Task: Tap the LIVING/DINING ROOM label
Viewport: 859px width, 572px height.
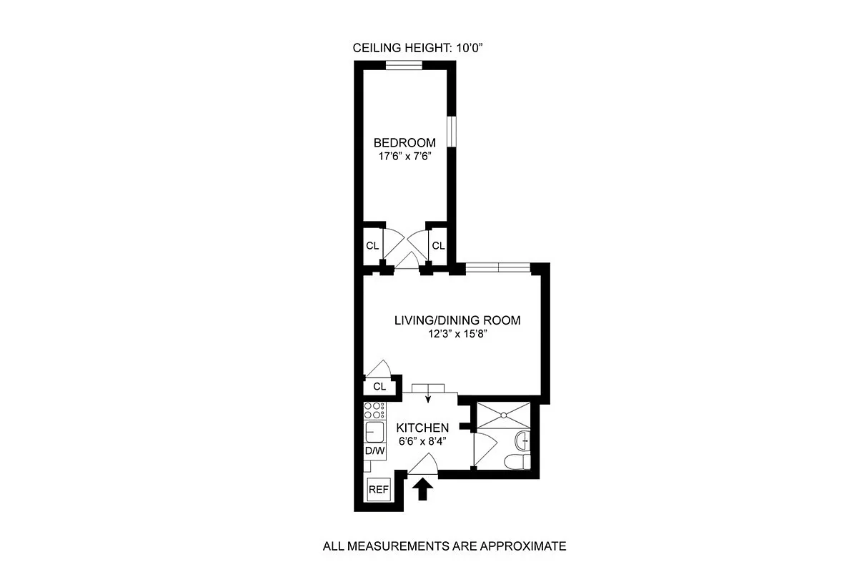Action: tap(457, 320)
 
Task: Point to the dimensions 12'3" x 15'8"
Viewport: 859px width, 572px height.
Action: tap(457, 334)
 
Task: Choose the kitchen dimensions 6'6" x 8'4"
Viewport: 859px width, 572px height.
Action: tap(423, 440)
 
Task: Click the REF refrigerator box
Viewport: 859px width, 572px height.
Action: tap(378, 490)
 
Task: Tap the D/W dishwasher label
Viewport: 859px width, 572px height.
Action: tap(375, 451)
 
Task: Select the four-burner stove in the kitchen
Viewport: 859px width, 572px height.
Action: tap(374, 410)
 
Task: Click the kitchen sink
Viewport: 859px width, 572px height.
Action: tap(374, 432)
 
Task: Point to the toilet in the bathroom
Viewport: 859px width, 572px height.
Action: tap(516, 462)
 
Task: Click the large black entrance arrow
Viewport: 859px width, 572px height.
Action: tap(423, 489)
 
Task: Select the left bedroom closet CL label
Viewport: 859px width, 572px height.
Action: tap(372, 246)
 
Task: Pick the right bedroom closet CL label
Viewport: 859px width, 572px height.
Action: tap(438, 246)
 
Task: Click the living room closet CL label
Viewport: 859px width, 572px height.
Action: tap(379, 387)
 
